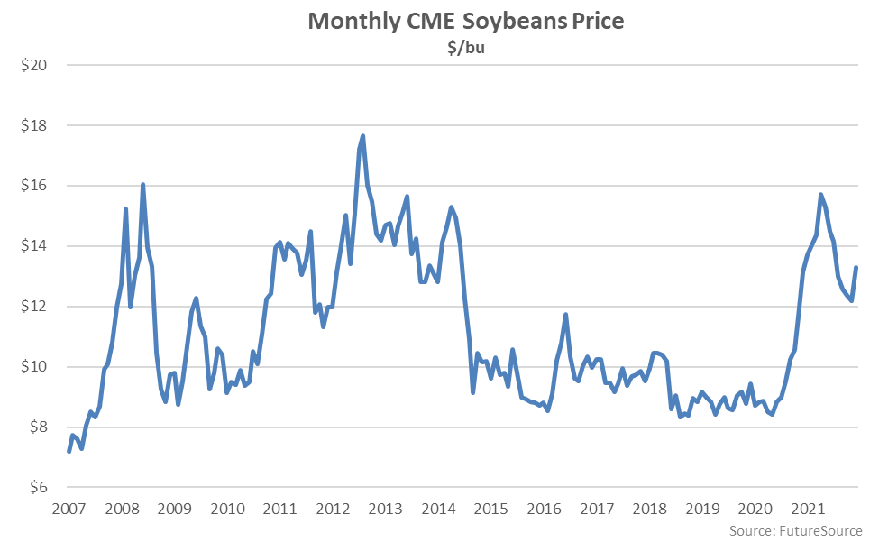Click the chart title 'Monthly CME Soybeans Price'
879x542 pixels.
coord(466,21)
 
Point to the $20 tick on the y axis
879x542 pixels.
coord(34,65)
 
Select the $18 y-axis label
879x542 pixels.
coord(34,125)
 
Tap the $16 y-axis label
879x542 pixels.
coord(34,186)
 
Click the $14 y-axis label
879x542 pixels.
coord(34,246)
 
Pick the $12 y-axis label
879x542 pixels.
coord(34,307)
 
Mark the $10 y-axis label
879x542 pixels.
coord(34,367)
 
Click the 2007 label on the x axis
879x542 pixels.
coord(68,509)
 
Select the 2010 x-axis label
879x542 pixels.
coord(226,509)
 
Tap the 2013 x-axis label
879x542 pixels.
coord(385,509)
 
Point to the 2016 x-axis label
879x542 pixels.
coord(544,509)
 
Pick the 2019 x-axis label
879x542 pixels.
coord(702,509)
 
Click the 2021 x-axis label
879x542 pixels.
coord(809,509)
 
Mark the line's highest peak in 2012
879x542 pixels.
coord(362,136)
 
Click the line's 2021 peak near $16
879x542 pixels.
coord(821,195)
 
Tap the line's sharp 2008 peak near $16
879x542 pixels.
coord(142,185)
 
